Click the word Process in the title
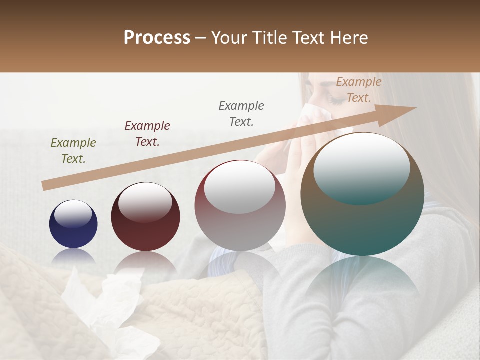157,37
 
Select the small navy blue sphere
73,224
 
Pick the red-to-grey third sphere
240,206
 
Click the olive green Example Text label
73,151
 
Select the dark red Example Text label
147,134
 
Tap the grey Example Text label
241,114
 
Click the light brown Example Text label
358,90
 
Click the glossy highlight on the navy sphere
73,214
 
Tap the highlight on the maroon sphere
145,201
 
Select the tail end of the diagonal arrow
46,185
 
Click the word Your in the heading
230,37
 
